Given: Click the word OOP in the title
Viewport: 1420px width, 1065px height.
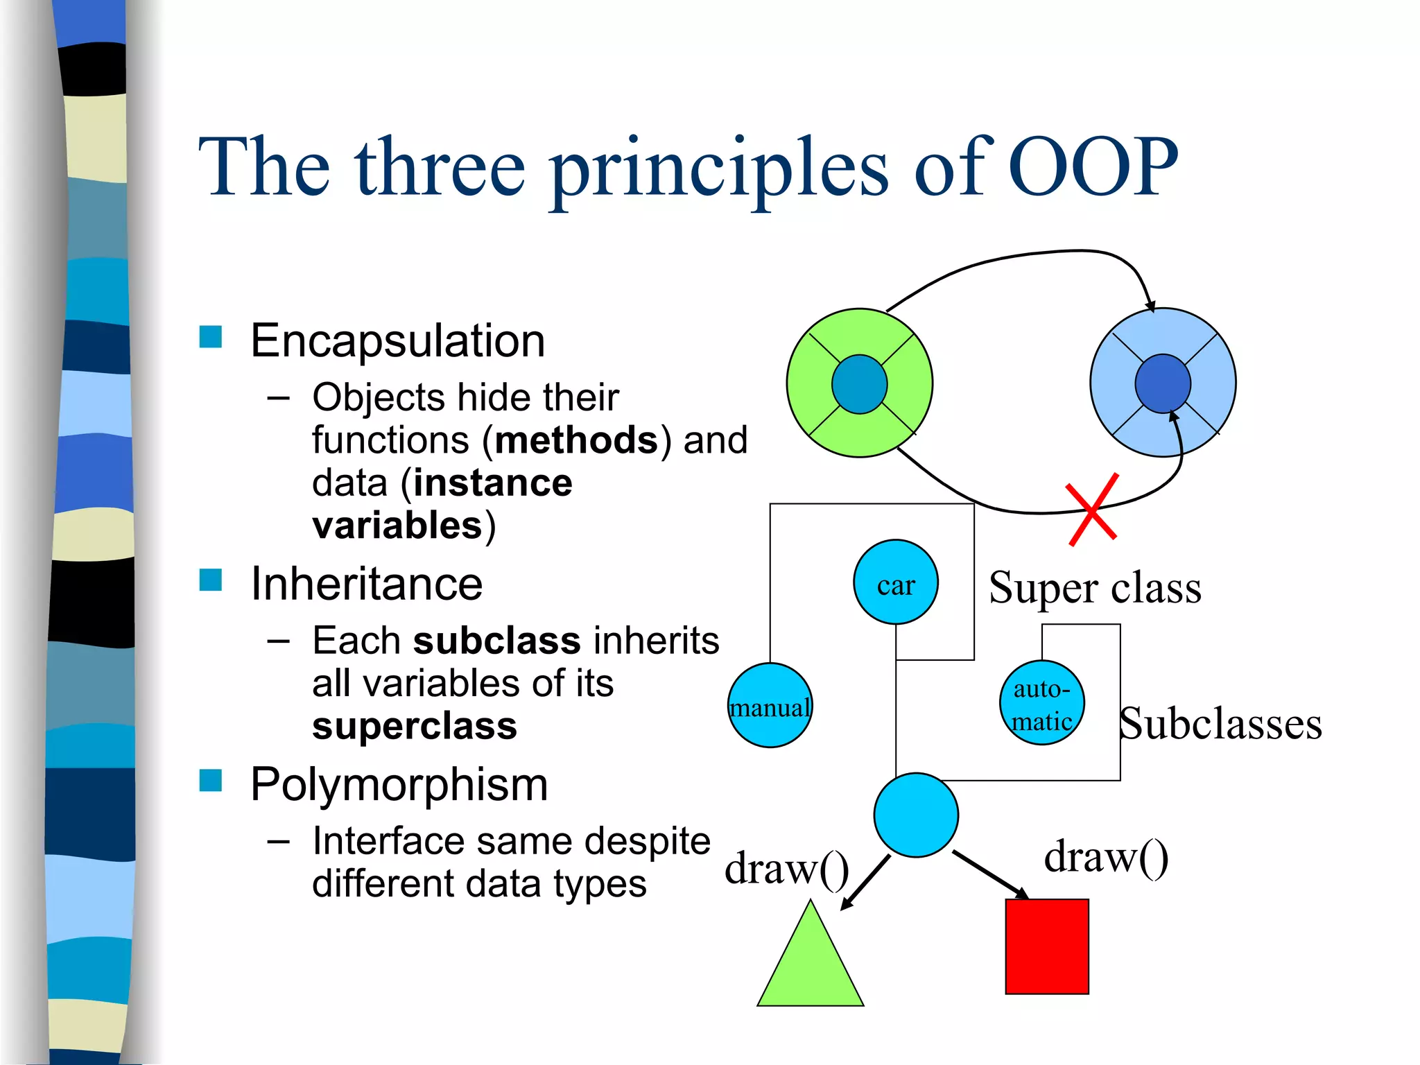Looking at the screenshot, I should pos(1093,166).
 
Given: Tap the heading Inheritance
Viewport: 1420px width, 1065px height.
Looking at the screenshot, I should pos(366,584).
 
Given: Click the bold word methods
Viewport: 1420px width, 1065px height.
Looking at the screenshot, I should pos(576,440).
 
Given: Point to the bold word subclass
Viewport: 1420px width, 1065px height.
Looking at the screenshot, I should pos(496,641).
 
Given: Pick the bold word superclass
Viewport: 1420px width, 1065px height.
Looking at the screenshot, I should pos(414,727).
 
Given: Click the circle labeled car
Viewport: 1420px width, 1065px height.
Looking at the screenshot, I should pos(895,582).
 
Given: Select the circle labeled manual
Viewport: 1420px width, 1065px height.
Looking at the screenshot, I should pos(770,705).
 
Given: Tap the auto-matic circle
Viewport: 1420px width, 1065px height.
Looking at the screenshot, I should pos(1041,703).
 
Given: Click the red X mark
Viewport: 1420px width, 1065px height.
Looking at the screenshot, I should pos(1092,510).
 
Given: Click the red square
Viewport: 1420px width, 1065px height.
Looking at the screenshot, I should pos(1047,946).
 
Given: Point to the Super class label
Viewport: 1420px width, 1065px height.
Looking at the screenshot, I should pos(1095,588).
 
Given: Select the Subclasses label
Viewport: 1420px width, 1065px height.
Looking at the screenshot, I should pos(1220,724).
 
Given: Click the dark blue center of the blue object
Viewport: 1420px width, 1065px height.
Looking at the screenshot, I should pos(1163,383).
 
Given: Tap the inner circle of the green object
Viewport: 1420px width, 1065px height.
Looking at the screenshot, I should pos(859,384).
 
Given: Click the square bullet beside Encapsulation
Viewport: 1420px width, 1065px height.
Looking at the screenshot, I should pos(210,337).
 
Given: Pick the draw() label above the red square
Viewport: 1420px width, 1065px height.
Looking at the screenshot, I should pos(1106,857).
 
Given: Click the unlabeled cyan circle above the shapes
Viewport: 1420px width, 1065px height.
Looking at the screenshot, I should pos(916,815).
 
